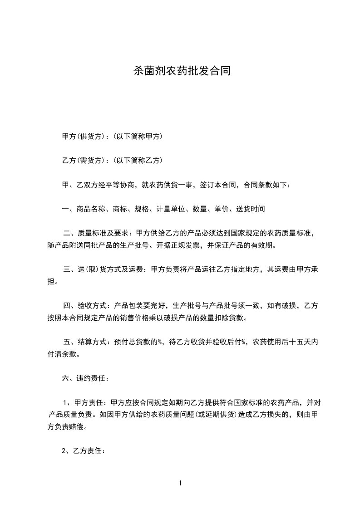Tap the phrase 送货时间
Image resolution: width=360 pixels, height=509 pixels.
point(251,209)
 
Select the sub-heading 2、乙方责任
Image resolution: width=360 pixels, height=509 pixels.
point(84,451)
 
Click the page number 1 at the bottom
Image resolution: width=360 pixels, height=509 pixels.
point(180,483)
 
